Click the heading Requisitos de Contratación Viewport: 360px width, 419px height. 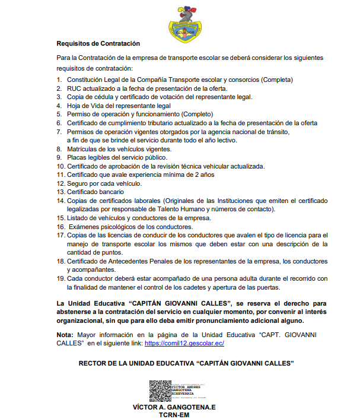[x=98, y=43]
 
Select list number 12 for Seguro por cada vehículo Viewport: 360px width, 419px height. [x=60, y=183]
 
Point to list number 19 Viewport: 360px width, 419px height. [x=60, y=278]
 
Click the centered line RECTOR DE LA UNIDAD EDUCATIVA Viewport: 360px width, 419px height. [x=187, y=363]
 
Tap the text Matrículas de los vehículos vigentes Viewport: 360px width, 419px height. [x=119, y=149]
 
